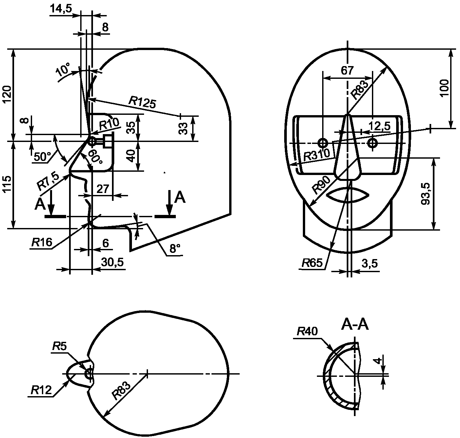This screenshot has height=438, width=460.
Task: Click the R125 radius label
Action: [x=142, y=102]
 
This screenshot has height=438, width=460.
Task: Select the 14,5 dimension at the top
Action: [x=61, y=8]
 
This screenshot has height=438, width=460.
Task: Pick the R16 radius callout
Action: [x=42, y=242]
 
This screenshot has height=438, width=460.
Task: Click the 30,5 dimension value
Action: [x=112, y=262]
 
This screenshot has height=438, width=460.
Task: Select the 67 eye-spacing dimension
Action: [x=347, y=70]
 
